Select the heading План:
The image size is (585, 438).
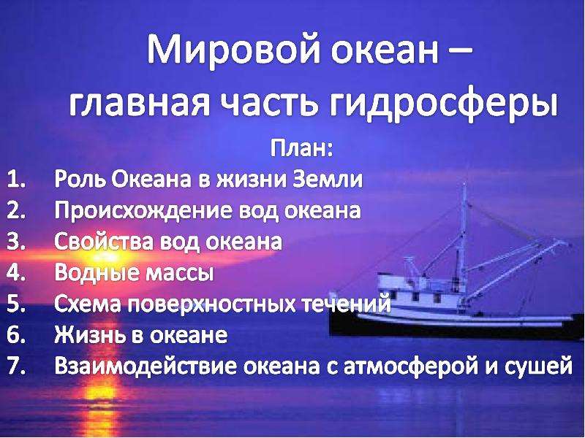tap(301, 148)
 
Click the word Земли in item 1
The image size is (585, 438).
tap(328, 179)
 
